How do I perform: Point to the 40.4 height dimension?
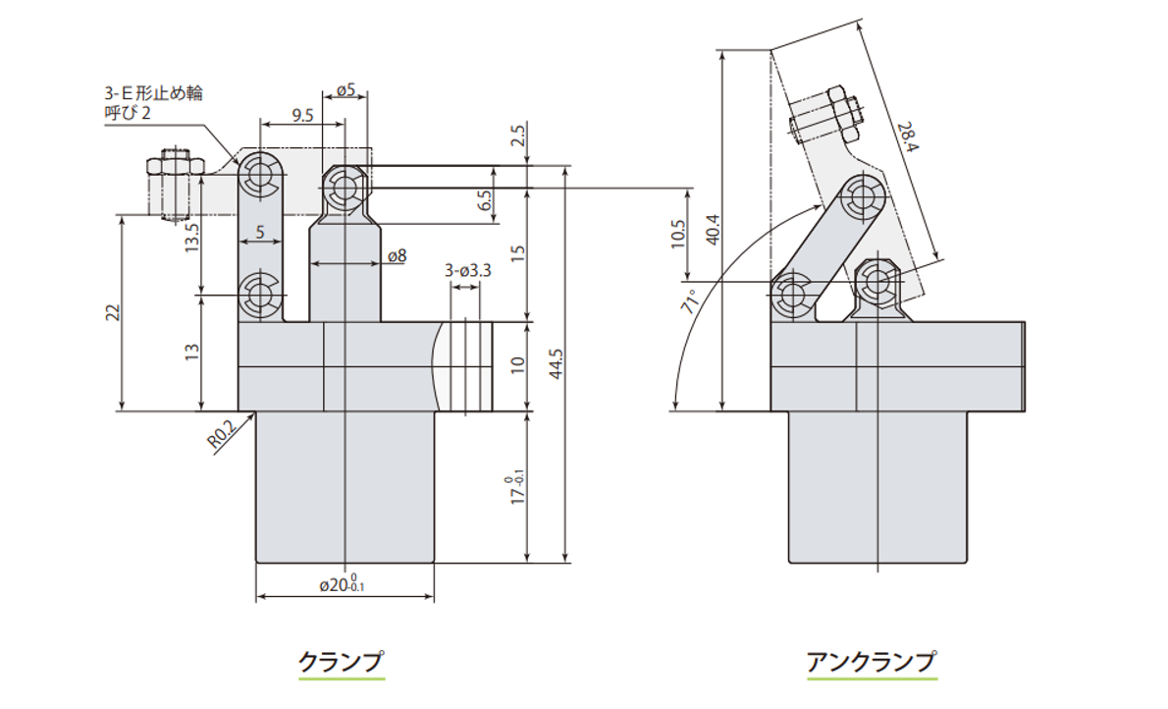pos(713,229)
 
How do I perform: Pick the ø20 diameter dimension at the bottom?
pos(342,585)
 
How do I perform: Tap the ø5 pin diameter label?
pos(345,90)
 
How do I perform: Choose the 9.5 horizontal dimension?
pos(302,115)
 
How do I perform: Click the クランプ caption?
pos(342,661)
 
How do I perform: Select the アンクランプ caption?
pos(871,661)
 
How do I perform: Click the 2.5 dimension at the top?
pos(519,135)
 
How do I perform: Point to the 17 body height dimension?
pos(514,488)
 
